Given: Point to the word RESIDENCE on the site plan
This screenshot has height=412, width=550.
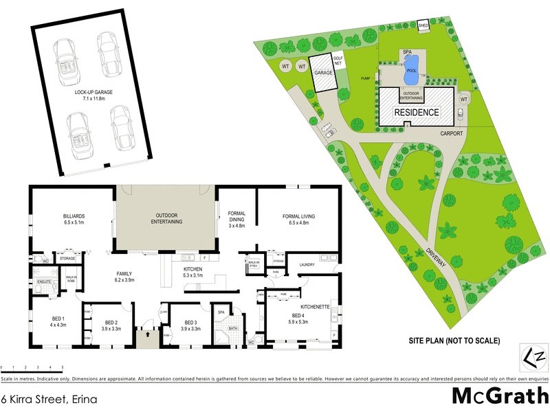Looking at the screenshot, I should pyautogui.click(x=416, y=112).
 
